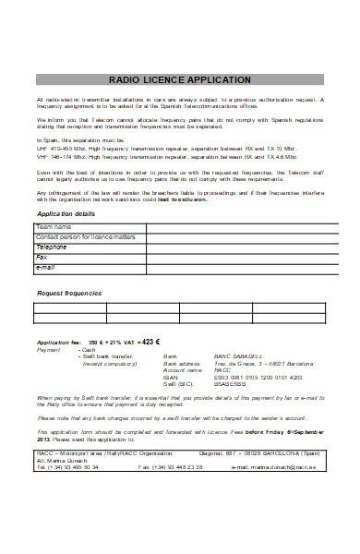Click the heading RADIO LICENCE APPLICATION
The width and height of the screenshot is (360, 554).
pyautogui.click(x=179, y=80)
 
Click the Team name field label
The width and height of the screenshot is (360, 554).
pyautogui.click(x=54, y=226)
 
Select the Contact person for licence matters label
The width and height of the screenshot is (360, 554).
pyautogui.click(x=85, y=236)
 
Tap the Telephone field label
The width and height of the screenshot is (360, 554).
pyautogui.click(x=52, y=247)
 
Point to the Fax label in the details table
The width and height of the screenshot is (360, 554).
pyautogui.click(x=42, y=257)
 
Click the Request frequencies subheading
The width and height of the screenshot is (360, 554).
pyautogui.click(x=69, y=293)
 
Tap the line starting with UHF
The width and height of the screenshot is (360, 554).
pyautogui.click(x=166, y=146)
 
